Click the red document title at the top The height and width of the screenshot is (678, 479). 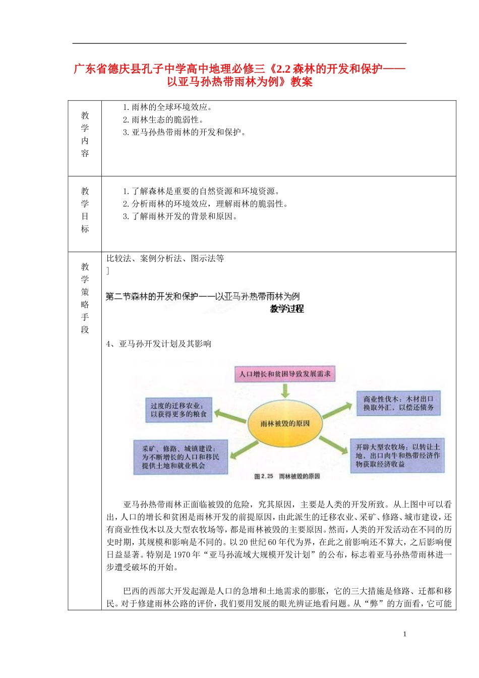[239, 75]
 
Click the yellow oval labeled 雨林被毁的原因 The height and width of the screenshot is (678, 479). [285, 423]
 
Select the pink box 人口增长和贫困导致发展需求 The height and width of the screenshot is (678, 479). [285, 374]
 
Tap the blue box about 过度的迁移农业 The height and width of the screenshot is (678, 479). [178, 410]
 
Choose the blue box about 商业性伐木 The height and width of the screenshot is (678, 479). [398, 403]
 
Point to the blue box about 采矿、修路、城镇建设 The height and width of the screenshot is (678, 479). [181, 457]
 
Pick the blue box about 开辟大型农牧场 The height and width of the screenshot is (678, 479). [397, 455]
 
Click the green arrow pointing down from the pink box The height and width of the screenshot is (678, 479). [285, 390]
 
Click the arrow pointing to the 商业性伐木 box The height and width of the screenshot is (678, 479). [338, 410]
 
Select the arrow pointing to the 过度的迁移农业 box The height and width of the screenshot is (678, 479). [230, 417]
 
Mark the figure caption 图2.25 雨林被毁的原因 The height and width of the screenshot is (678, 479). [287, 476]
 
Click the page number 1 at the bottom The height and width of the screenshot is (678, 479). [404, 634]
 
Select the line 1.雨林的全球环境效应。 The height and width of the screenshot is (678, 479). [167, 107]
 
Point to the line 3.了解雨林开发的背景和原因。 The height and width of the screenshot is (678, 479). [179, 216]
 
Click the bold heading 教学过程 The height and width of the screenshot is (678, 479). [287, 309]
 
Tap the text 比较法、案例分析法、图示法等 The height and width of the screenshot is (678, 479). [165, 258]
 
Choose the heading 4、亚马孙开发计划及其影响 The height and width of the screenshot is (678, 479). [159, 344]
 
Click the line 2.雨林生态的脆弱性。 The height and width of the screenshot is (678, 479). [163, 120]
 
